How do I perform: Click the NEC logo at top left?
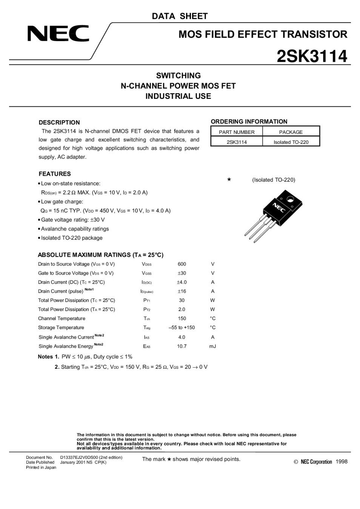pos(58,34)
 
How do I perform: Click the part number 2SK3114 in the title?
pos(312,57)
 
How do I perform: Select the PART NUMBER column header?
pos(237,132)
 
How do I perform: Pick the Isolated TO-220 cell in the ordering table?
pos(291,142)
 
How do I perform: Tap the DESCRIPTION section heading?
pos(59,123)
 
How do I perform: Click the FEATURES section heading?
pos(55,174)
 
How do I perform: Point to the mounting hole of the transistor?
pos(290,199)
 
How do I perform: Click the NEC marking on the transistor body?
pos(279,208)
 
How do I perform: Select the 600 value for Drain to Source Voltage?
pos(182,264)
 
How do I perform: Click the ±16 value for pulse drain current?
pos(182,291)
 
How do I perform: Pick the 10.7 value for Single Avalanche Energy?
pos(182,346)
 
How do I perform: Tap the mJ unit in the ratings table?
pos(212,346)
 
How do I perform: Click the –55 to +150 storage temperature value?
pos(182,327)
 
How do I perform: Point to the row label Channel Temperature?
pos(62,318)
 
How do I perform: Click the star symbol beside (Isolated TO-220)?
pos(229,179)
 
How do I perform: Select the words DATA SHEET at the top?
pos(180,16)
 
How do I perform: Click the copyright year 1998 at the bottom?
pos(341,461)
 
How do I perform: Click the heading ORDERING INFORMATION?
pos(249,121)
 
